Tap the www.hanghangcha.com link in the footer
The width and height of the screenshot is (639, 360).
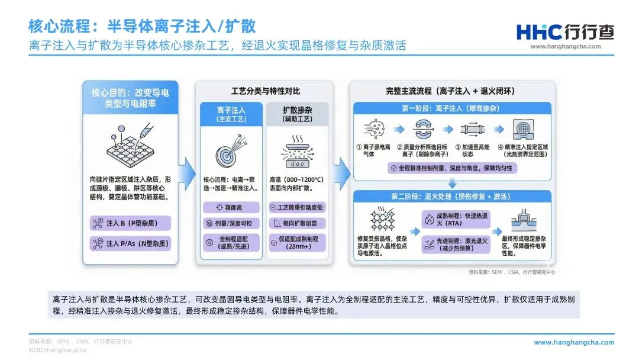574,342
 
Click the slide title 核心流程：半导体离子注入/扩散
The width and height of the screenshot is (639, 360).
142,26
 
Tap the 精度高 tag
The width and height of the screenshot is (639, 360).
231,207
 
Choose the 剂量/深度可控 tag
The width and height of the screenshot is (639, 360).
231,224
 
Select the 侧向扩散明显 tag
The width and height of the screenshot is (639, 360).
296,224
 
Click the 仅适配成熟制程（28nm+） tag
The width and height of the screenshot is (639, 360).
296,243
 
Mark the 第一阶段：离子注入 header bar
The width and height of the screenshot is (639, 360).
452,108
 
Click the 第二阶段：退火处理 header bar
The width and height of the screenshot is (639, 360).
452,196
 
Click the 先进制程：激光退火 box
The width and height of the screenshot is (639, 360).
452,243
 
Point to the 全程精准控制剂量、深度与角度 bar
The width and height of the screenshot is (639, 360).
452,169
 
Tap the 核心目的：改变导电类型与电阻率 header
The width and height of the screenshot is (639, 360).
130,98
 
